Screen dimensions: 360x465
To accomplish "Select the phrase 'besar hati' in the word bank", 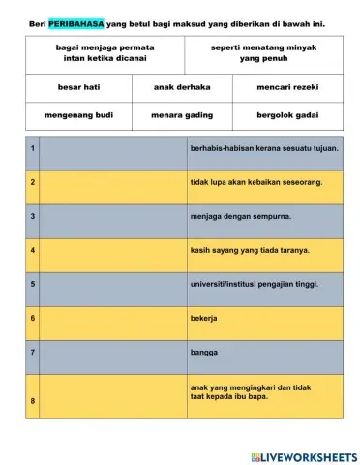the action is tap(78, 87).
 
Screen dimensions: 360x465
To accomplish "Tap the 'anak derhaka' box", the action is tap(182, 87).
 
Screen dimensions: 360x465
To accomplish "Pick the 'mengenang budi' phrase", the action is tap(78, 114).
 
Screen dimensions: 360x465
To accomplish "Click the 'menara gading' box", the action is tap(182, 114).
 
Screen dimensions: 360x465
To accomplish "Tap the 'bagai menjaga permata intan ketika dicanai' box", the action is tap(105, 52).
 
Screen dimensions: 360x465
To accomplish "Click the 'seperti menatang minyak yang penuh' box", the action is tap(263, 52).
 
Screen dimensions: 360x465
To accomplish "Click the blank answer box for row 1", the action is tap(112, 148).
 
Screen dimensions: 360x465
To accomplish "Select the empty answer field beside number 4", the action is tap(112, 250).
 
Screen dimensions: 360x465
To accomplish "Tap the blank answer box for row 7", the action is tap(112, 352).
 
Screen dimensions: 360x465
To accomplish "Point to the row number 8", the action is tap(33, 400).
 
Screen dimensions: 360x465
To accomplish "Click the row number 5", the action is tap(33, 284).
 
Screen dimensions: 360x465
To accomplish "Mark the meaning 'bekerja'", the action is tap(203, 318).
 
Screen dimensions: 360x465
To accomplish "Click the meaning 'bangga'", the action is tap(203, 352).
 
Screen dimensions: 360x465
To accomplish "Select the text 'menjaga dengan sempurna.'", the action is tap(240, 216).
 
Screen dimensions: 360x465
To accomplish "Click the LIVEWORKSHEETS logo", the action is tap(304, 455).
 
